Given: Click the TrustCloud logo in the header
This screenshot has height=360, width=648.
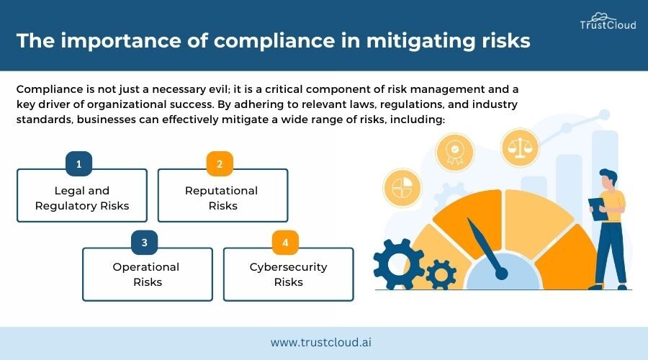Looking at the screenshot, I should (x=608, y=22).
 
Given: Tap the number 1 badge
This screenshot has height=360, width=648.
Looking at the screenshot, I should (x=78, y=164).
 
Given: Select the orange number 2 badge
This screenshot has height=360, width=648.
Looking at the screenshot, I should (x=220, y=164).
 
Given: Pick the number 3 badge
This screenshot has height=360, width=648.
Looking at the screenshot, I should (x=145, y=243).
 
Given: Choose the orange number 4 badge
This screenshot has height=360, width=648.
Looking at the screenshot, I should (x=286, y=243).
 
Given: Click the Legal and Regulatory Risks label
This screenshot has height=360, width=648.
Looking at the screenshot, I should (x=82, y=198).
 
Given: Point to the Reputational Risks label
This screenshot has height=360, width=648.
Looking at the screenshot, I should (x=222, y=198).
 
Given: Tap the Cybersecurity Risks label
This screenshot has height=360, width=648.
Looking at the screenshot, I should (x=288, y=274).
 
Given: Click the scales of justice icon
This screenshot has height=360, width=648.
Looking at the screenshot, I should (x=520, y=148).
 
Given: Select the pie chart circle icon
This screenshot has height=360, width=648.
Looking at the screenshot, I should (x=402, y=189).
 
